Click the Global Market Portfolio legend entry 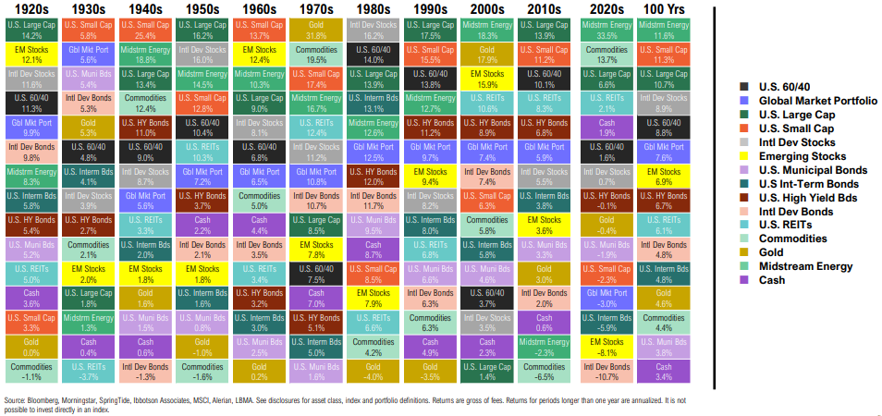(814, 100)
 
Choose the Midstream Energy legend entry (802, 266)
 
